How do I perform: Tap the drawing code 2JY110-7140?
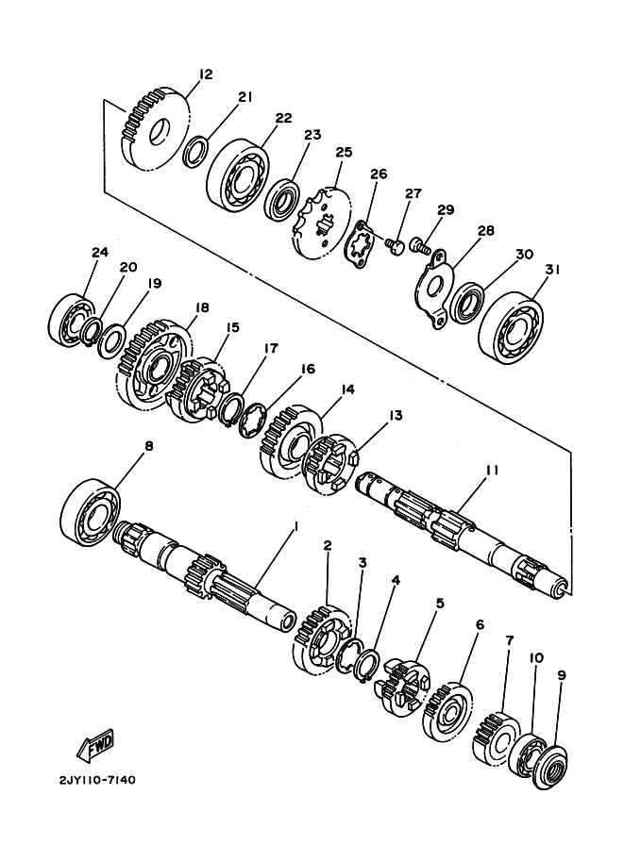point(96,780)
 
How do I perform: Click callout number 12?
point(206,75)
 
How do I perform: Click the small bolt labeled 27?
point(395,245)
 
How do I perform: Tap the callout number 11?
point(492,470)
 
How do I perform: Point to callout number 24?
point(100,253)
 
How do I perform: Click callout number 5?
point(440,604)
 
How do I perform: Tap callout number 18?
point(201,307)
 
